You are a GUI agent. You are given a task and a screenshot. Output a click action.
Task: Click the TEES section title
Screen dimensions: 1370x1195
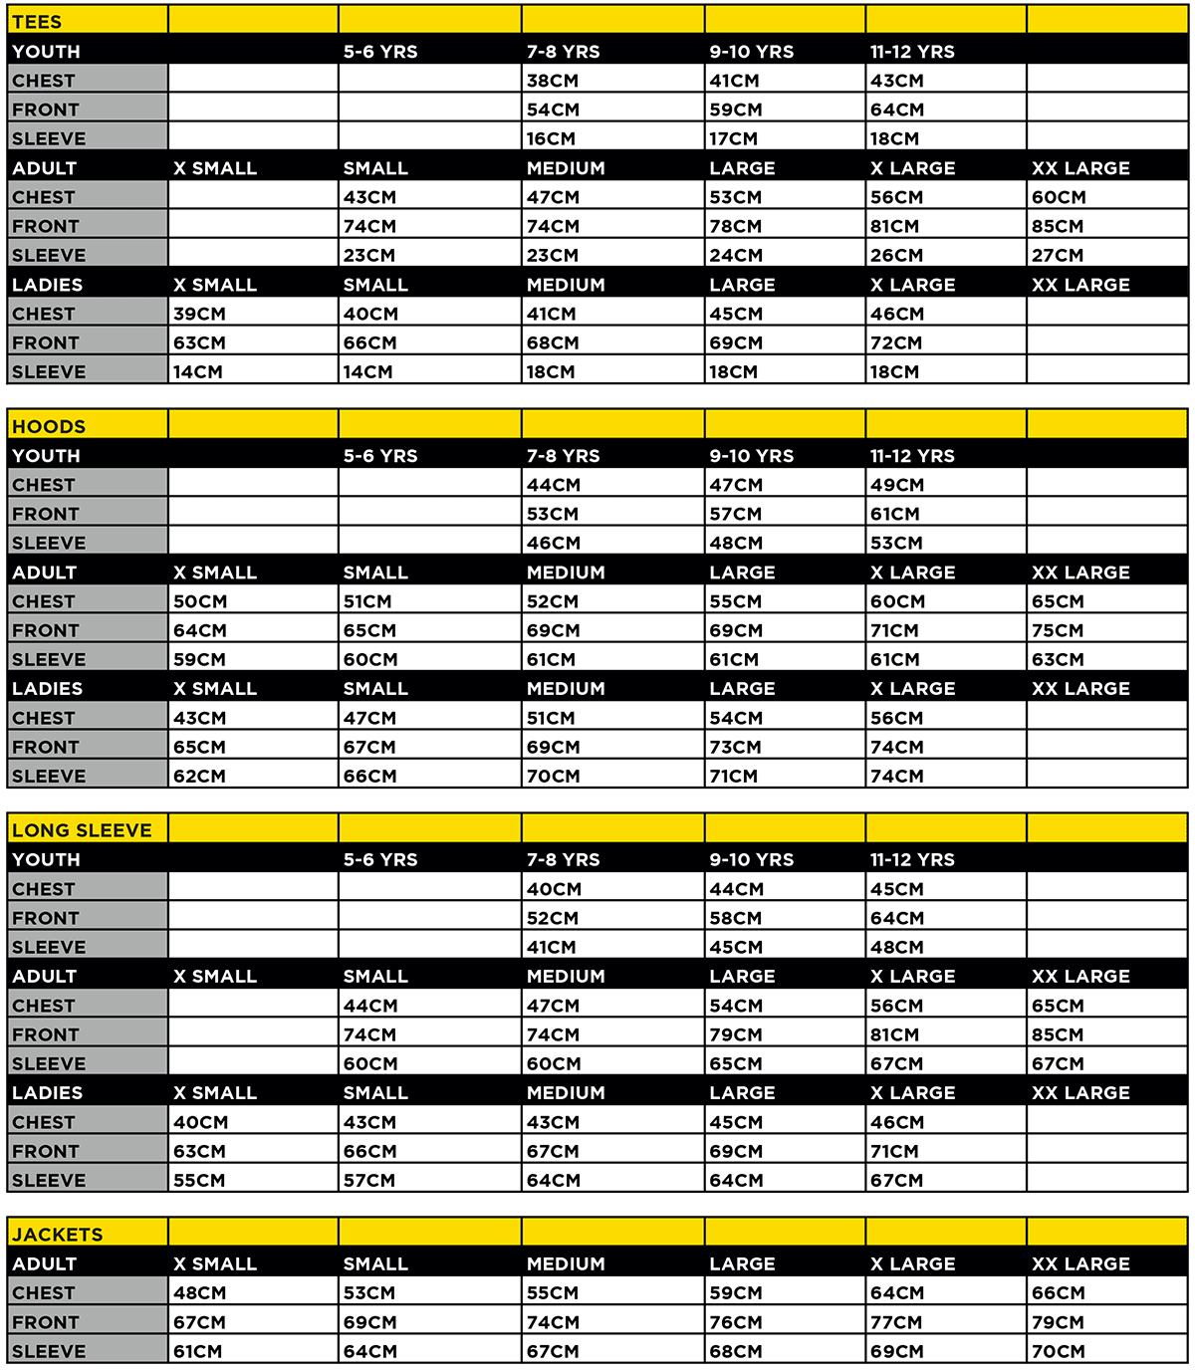(37, 22)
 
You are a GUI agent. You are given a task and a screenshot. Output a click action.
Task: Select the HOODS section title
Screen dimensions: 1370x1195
(49, 426)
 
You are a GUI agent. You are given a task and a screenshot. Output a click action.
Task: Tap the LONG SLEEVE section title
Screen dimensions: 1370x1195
(82, 830)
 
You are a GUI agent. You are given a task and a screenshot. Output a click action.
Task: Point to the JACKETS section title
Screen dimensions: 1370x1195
(58, 1235)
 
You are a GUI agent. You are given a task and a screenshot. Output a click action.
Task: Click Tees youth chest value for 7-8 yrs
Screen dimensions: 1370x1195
(553, 81)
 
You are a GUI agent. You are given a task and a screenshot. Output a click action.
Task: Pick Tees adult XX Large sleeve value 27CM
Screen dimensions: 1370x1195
(1058, 255)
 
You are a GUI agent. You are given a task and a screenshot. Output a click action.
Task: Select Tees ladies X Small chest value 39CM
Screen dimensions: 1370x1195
(199, 314)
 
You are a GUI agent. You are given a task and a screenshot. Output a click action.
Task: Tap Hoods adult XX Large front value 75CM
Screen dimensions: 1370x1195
(1058, 630)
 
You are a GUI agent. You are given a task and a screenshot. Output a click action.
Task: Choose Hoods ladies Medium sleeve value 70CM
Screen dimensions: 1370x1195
(553, 776)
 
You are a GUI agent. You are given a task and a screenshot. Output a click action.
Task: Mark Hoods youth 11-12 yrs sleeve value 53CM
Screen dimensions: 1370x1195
(896, 543)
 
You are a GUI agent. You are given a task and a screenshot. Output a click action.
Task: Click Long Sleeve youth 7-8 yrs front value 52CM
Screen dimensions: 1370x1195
(553, 918)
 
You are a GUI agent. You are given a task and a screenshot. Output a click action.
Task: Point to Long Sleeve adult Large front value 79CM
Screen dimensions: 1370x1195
(736, 1034)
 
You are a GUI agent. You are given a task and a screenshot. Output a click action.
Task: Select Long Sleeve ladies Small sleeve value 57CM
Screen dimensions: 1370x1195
(369, 1180)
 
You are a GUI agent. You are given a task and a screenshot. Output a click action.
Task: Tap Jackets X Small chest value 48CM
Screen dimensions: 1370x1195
(199, 1292)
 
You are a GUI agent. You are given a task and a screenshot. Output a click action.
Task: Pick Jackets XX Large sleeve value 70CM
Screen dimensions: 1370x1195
(1058, 1351)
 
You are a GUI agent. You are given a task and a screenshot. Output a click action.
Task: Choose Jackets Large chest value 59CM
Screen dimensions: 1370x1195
(736, 1292)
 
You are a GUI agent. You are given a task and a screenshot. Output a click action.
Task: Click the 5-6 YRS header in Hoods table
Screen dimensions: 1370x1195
(380, 456)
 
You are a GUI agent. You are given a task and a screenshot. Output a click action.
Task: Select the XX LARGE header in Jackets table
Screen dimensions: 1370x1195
(1080, 1263)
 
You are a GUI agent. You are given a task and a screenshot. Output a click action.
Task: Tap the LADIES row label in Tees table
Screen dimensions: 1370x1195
(47, 285)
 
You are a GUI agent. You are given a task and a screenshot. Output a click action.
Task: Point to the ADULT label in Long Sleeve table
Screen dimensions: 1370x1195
(44, 977)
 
